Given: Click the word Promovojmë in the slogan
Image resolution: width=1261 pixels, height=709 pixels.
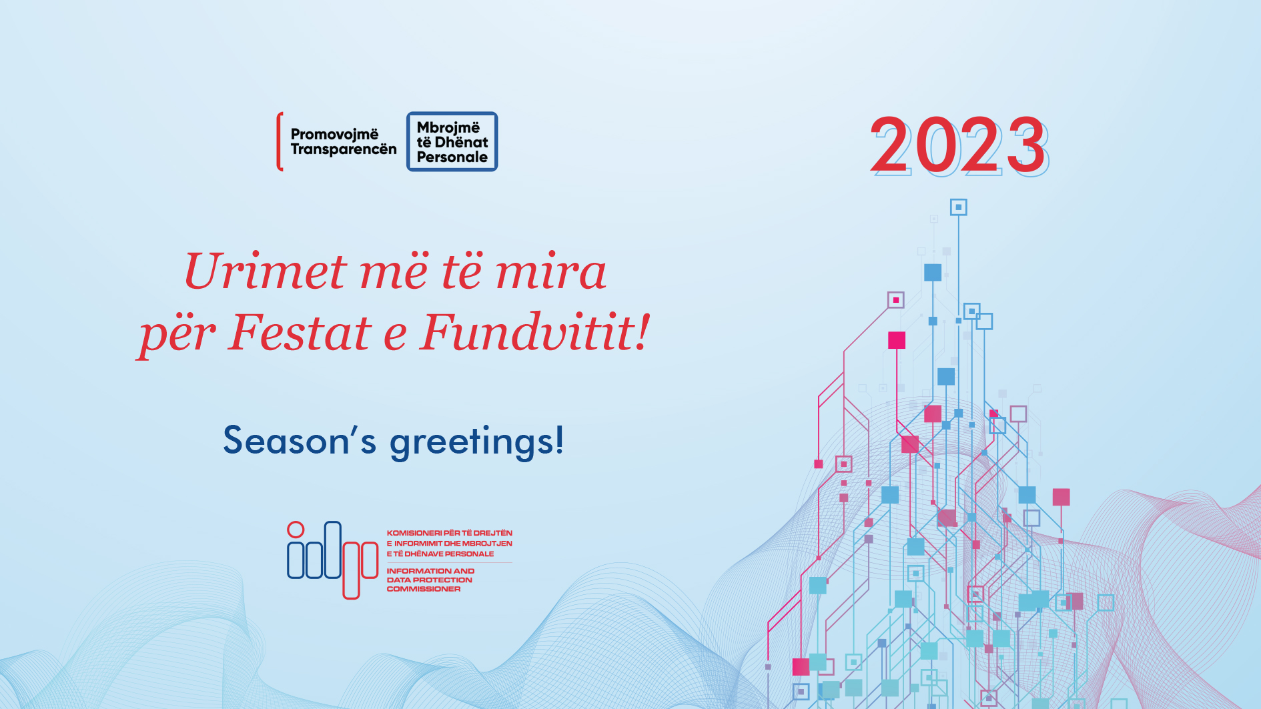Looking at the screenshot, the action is (334, 135).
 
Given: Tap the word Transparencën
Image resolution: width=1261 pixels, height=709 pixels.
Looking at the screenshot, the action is (344, 149).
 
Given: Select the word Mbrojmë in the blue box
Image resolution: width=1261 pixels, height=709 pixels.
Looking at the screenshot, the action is (448, 127).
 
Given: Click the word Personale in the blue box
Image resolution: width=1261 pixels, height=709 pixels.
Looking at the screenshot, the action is (452, 157).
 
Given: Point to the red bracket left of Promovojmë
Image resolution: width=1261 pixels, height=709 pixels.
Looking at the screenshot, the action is (280, 141).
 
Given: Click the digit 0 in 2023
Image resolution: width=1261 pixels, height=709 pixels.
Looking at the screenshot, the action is (936, 144).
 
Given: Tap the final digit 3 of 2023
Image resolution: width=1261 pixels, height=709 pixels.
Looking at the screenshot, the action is (1026, 144).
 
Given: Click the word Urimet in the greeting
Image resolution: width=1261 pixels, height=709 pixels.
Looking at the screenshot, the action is (266, 271).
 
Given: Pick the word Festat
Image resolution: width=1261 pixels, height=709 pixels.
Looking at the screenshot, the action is (300, 332).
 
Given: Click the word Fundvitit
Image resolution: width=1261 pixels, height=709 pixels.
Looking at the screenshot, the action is (526, 331).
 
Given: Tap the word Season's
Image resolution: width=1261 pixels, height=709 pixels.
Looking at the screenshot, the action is (300, 441).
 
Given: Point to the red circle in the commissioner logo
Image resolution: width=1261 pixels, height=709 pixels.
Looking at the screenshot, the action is (296, 530).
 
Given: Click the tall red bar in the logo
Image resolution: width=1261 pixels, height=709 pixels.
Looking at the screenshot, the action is (351, 570).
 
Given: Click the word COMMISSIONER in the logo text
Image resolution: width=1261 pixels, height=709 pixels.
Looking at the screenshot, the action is (424, 589).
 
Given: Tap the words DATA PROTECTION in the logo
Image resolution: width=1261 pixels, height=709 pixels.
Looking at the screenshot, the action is (430, 580).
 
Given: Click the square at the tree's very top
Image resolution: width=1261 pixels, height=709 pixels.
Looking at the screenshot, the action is (959, 207).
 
